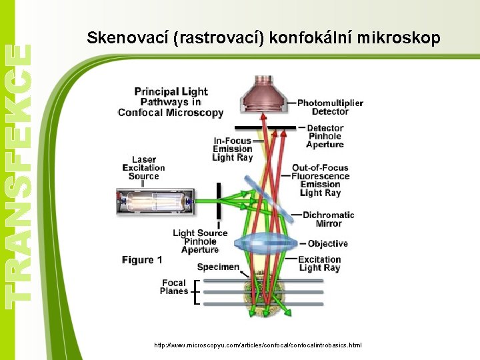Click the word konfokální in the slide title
pyautogui.click(x=310, y=39)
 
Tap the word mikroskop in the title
pyautogui.click(x=399, y=39)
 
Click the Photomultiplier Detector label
pyautogui.click(x=330, y=107)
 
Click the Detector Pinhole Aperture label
pyautogui.click(x=325, y=136)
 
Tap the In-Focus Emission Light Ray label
pyautogui.click(x=233, y=149)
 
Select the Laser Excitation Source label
pyautogui.click(x=143, y=168)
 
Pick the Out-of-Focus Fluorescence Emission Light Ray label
pyautogui.click(x=320, y=180)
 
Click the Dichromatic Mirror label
pyautogui.click(x=328, y=219)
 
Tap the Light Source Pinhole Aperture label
pyautogui.click(x=200, y=241)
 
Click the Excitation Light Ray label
pyautogui.click(x=319, y=264)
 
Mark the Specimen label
pyautogui.click(x=218, y=267)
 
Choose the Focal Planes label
pyautogui.click(x=174, y=287)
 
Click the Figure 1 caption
pyautogui.click(x=142, y=260)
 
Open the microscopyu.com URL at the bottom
pyautogui.click(x=258, y=345)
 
